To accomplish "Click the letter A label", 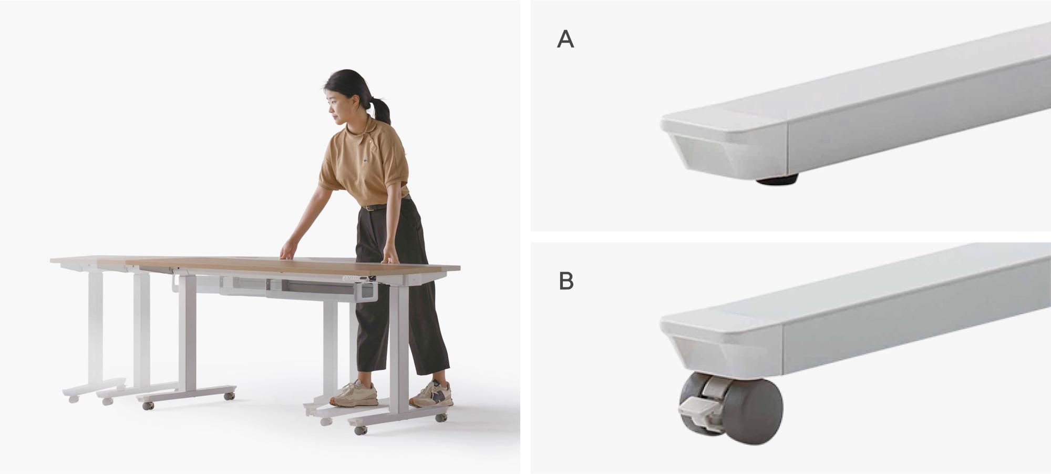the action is click(x=565, y=39).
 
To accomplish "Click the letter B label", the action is click(x=566, y=282).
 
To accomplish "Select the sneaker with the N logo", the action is click(x=431, y=394).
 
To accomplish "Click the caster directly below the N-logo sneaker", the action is click(x=440, y=418).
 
